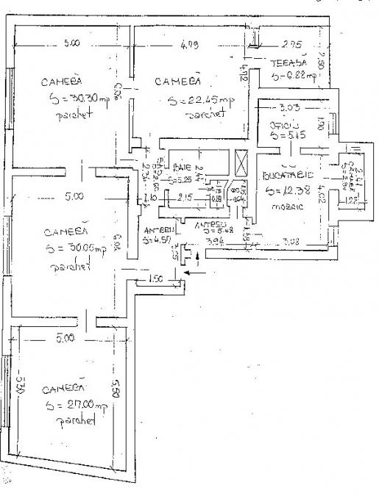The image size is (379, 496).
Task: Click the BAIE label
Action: [182, 167]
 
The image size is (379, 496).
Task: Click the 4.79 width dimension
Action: [189, 46]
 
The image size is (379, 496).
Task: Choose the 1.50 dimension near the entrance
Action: [155, 280]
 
